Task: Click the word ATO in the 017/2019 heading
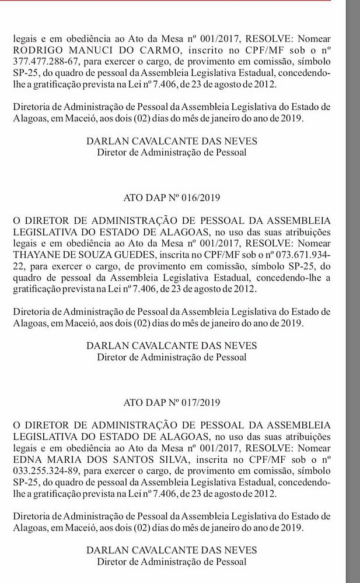coord(134,402)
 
